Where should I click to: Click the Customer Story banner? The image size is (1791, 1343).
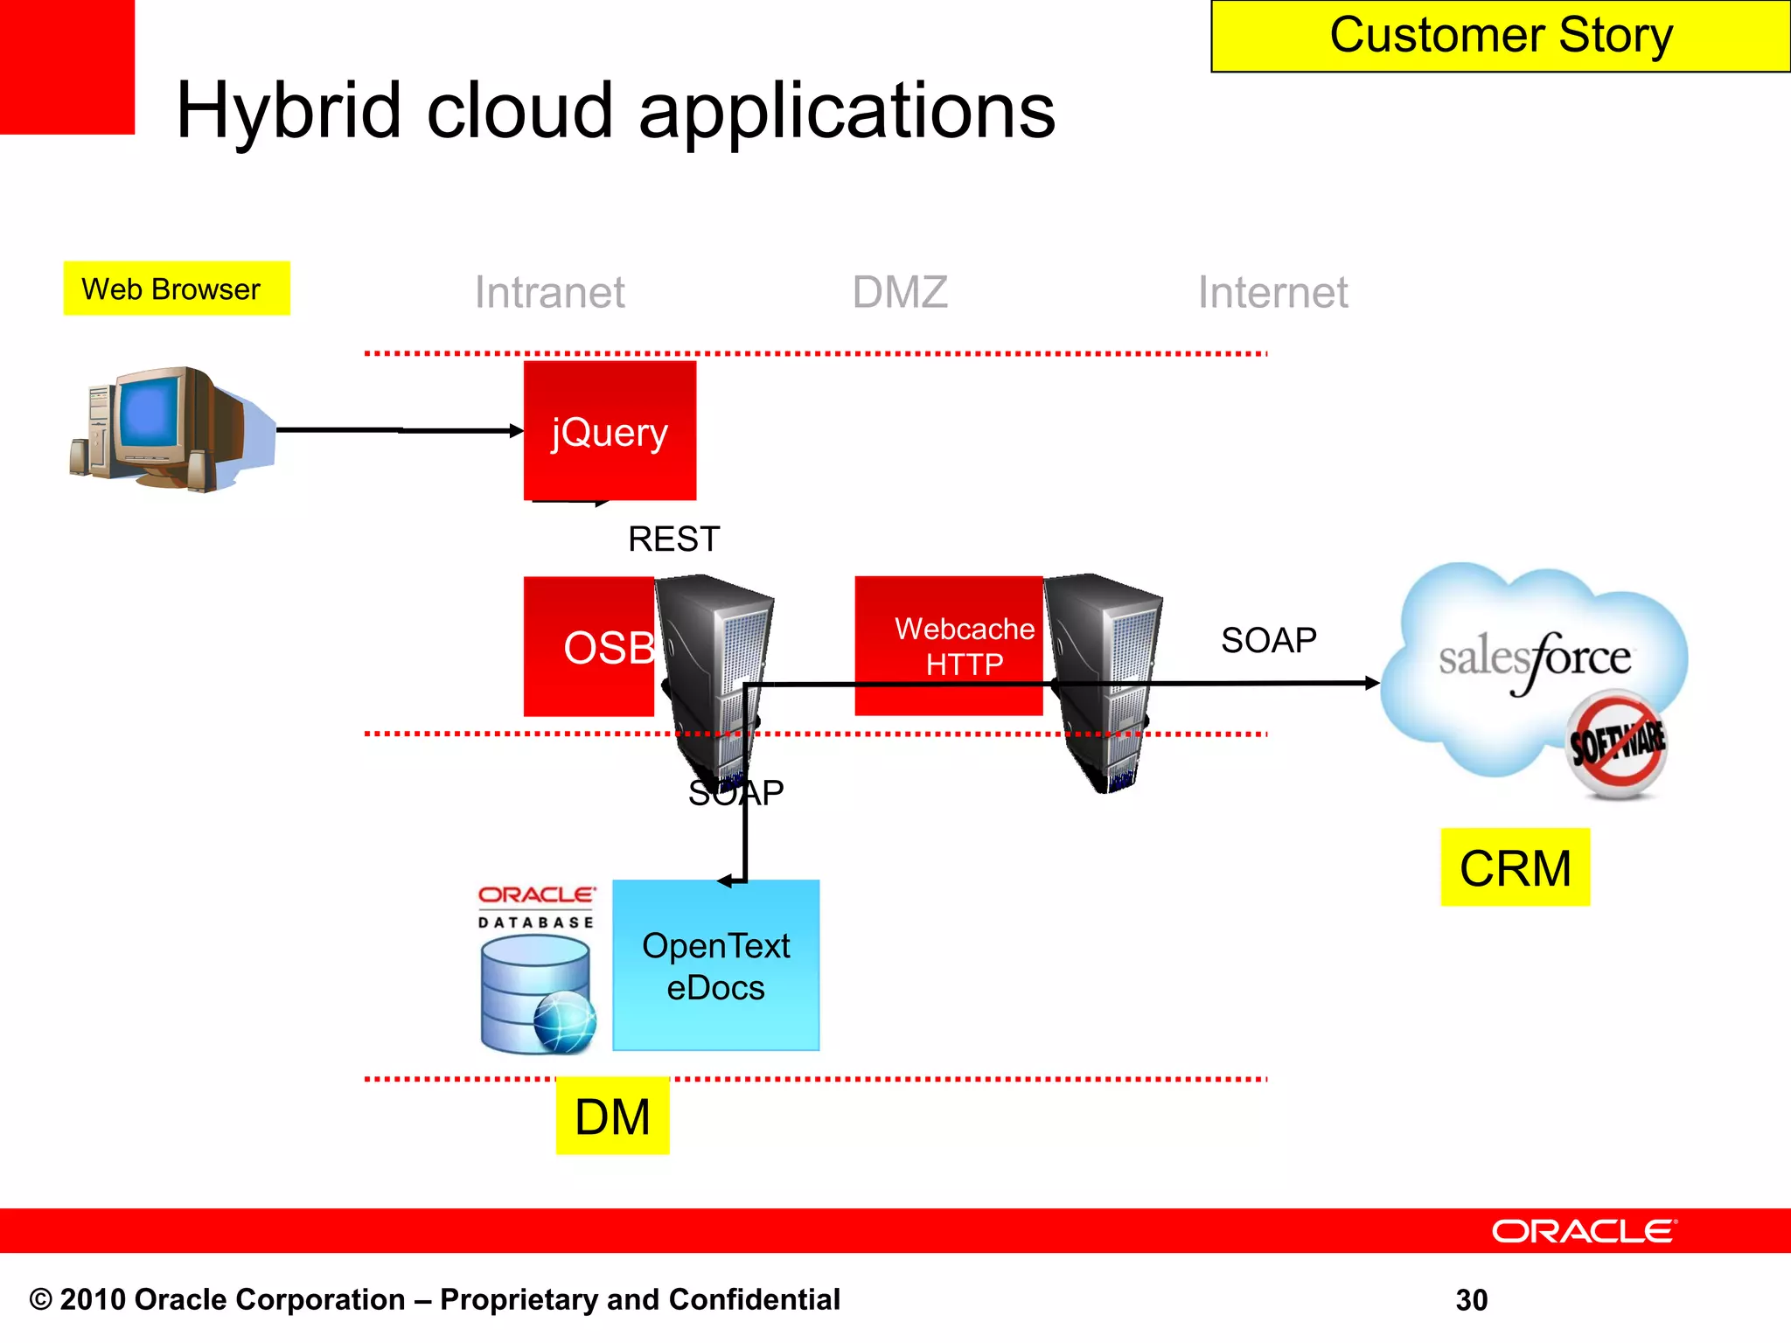point(1500,36)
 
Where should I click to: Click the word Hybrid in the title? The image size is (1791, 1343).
point(289,111)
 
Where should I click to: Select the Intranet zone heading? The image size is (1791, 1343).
point(549,292)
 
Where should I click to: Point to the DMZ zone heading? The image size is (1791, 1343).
point(900,292)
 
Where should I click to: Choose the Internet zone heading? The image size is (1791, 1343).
point(1272,292)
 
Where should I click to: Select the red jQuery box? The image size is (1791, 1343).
point(610,431)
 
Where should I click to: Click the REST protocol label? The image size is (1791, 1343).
point(673,539)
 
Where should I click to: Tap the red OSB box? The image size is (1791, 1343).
point(589,647)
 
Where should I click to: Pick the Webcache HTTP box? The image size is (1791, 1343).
point(949,645)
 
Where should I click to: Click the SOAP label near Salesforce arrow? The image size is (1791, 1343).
point(1268,640)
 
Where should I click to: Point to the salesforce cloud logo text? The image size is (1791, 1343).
point(1535,658)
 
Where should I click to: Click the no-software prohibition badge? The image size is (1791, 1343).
point(1616,743)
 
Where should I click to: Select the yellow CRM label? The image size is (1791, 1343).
point(1515,867)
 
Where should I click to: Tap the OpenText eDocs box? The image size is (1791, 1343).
point(715,965)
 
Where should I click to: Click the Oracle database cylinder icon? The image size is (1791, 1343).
point(535,992)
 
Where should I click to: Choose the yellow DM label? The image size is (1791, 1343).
point(612,1117)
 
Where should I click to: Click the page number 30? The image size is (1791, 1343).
point(1471,1300)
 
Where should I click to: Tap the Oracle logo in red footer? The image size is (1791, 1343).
point(1584,1231)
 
